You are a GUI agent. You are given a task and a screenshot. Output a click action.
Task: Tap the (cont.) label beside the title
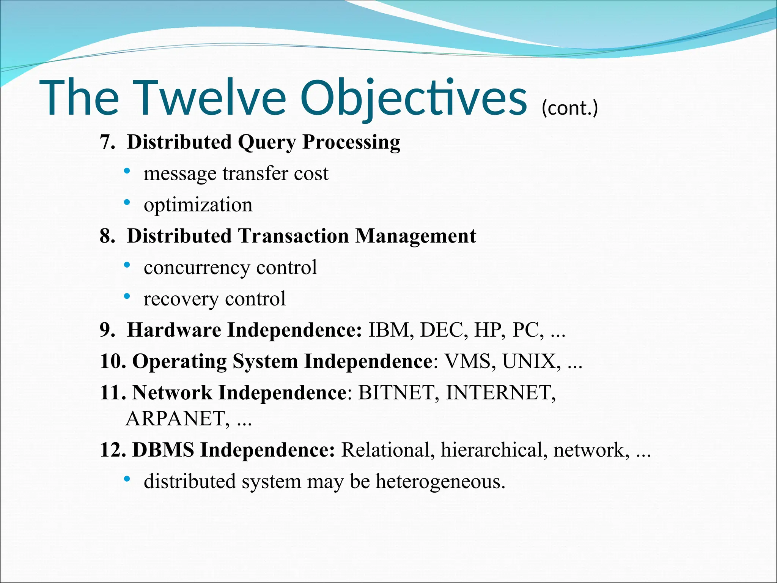[569, 108]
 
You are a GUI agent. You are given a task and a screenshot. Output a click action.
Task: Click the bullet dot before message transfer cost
[127, 171]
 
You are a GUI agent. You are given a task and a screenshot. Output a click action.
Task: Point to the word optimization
[198, 205]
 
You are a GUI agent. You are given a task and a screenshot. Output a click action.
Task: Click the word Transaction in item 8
[294, 236]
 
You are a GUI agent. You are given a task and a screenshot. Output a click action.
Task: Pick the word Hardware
[174, 330]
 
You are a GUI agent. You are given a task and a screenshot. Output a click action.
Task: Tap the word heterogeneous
[440, 482]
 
